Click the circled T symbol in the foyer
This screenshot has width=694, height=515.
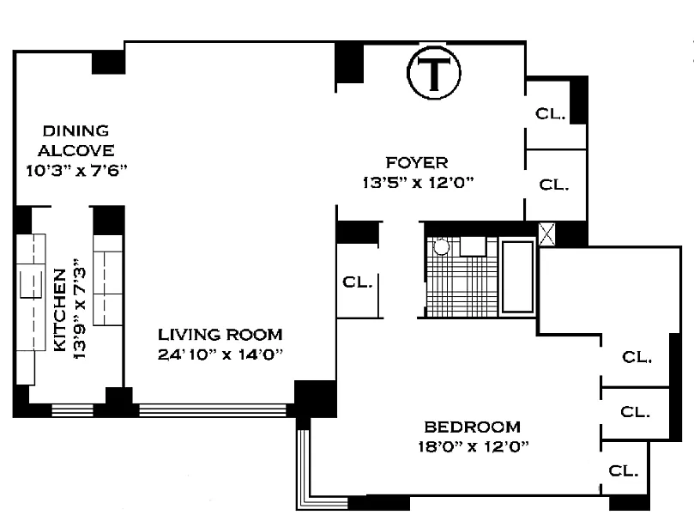click(x=434, y=73)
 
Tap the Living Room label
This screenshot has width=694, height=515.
click(x=220, y=335)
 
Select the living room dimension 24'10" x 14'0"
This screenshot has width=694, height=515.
click(x=220, y=354)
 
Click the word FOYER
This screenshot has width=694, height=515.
click(x=417, y=162)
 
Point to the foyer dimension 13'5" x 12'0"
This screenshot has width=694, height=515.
click(x=419, y=183)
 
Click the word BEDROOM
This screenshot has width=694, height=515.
click(x=473, y=427)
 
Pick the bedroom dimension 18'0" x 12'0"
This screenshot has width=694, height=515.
click(x=474, y=446)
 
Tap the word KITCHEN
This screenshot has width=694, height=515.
click(x=60, y=310)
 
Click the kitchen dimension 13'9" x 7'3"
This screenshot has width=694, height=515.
click(x=80, y=309)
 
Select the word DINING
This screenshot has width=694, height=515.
click(x=75, y=130)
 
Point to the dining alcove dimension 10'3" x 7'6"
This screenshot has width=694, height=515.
click(x=76, y=171)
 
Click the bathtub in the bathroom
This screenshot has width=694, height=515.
click(x=517, y=276)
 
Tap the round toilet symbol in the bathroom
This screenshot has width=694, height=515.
click(x=441, y=246)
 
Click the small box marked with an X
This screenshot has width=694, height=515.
click(x=546, y=234)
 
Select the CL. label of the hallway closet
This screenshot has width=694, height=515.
click(x=358, y=282)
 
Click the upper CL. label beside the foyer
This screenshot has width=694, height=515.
click(x=550, y=114)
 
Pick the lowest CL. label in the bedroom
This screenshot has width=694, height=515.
click(x=623, y=470)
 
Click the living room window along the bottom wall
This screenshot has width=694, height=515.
click(x=213, y=410)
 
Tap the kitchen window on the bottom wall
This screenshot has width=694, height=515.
click(x=73, y=410)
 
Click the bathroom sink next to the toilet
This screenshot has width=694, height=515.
click(x=474, y=246)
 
